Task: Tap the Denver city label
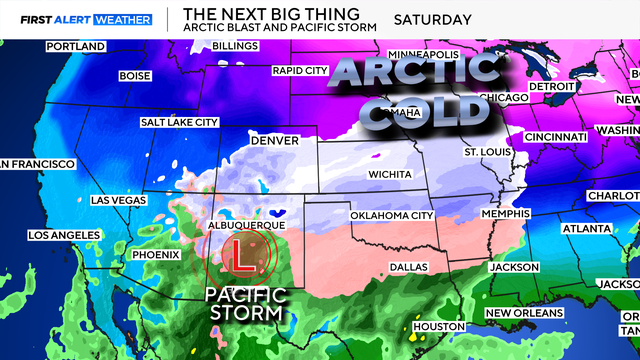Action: tap(274, 141)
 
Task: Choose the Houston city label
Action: tap(439, 327)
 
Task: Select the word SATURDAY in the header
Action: tap(432, 19)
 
